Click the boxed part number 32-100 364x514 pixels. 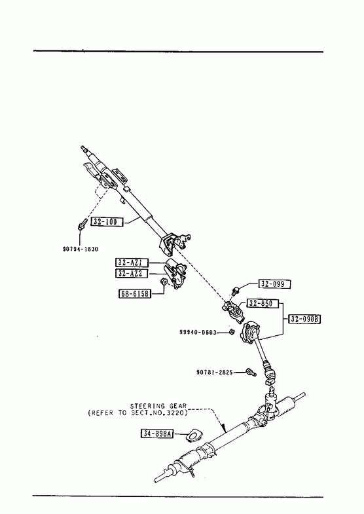(x=107, y=222)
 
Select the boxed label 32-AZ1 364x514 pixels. (x=132, y=263)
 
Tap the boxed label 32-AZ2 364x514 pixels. (x=132, y=274)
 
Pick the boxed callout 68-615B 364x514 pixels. (x=135, y=294)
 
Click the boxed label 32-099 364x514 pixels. (x=274, y=284)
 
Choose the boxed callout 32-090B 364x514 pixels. (x=304, y=319)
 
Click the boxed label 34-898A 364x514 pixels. (x=157, y=433)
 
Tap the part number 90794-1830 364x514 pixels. (x=81, y=249)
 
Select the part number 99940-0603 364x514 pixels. (x=198, y=332)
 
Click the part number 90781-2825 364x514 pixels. (x=214, y=372)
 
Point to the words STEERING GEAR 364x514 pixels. (x=158, y=406)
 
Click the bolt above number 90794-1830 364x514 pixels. (x=82, y=224)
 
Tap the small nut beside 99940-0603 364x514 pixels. (x=231, y=332)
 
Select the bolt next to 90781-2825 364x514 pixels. (x=251, y=373)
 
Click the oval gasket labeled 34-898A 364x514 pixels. (x=194, y=435)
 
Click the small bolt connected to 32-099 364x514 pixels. (x=234, y=291)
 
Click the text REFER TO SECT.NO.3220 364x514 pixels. (x=138, y=413)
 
